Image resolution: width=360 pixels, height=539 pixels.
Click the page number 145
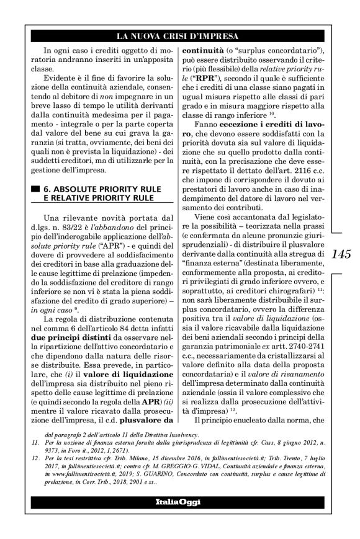(x=342, y=254)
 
